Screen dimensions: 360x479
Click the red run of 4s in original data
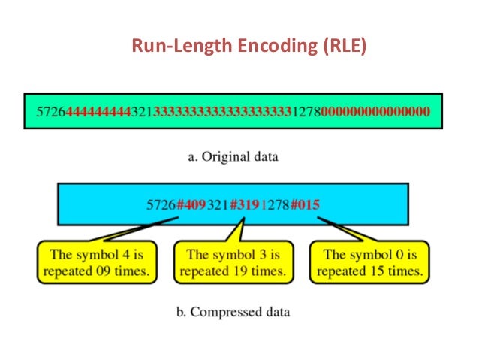(x=98, y=112)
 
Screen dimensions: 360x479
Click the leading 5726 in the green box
(x=51, y=112)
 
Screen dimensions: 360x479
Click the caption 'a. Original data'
(x=233, y=158)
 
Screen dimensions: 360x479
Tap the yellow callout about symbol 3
(x=233, y=262)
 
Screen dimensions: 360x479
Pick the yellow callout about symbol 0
(x=369, y=262)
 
